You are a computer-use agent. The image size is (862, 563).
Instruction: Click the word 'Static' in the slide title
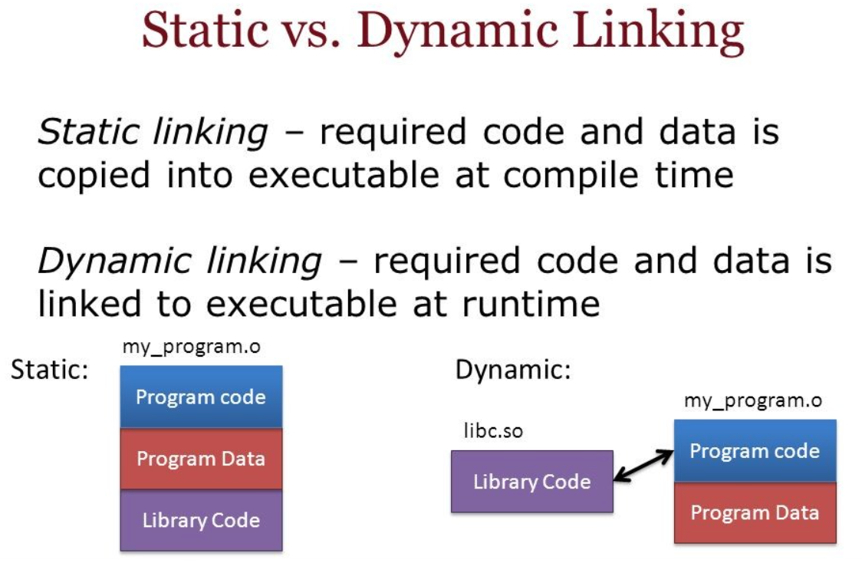click(205, 30)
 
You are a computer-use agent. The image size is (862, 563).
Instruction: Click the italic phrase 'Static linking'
click(153, 133)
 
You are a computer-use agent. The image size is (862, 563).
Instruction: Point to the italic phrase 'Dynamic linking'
click(179, 261)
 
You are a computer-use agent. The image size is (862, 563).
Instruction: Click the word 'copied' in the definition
click(94, 176)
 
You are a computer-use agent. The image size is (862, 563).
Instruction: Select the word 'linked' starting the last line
click(89, 304)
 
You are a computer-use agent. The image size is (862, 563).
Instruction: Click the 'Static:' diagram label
click(50, 370)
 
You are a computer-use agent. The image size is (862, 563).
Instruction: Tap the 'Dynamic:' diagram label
click(513, 370)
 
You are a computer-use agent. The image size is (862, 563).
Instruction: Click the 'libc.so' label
click(493, 430)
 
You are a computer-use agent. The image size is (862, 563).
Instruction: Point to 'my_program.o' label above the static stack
click(191, 347)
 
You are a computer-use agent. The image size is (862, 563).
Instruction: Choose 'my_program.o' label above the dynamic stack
click(753, 401)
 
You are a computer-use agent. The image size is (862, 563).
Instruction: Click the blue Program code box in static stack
click(201, 397)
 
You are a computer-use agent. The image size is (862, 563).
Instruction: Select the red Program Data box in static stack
click(201, 459)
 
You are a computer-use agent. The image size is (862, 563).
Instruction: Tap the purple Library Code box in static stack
click(201, 520)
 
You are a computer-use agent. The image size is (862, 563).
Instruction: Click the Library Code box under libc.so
click(532, 482)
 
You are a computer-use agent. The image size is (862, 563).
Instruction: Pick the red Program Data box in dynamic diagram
click(755, 512)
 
